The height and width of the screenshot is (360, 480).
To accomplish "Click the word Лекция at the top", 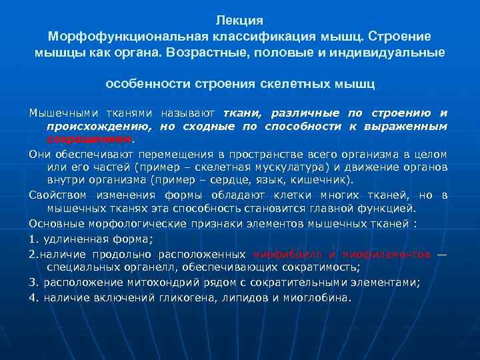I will (240, 21).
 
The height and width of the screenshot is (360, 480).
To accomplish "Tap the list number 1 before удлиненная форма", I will (32, 239).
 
